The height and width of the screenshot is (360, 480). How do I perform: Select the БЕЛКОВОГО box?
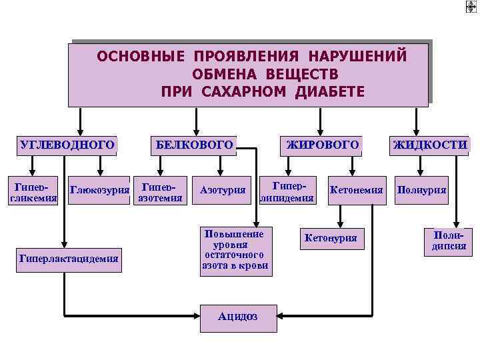coord(195,145)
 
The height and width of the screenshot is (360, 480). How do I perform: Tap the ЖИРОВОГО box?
coord(323,145)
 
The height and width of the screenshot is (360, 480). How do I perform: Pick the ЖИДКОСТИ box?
coord(430,145)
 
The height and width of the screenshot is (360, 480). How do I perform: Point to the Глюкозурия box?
coord(99,191)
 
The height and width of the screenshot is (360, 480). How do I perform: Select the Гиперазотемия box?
coord(159,190)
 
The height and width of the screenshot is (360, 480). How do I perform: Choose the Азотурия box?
coord(223,191)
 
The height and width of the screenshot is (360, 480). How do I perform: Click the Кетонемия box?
coord(355,191)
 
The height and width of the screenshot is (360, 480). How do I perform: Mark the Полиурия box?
coord(422,191)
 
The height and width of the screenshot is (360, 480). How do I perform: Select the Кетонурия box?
coord(331,237)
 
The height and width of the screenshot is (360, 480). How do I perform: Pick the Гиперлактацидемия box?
coord(69,257)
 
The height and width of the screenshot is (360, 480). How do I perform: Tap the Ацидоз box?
coord(238,317)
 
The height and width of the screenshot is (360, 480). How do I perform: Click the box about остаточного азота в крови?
coord(235,250)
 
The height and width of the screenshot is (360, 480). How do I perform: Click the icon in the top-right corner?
coord(471,6)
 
